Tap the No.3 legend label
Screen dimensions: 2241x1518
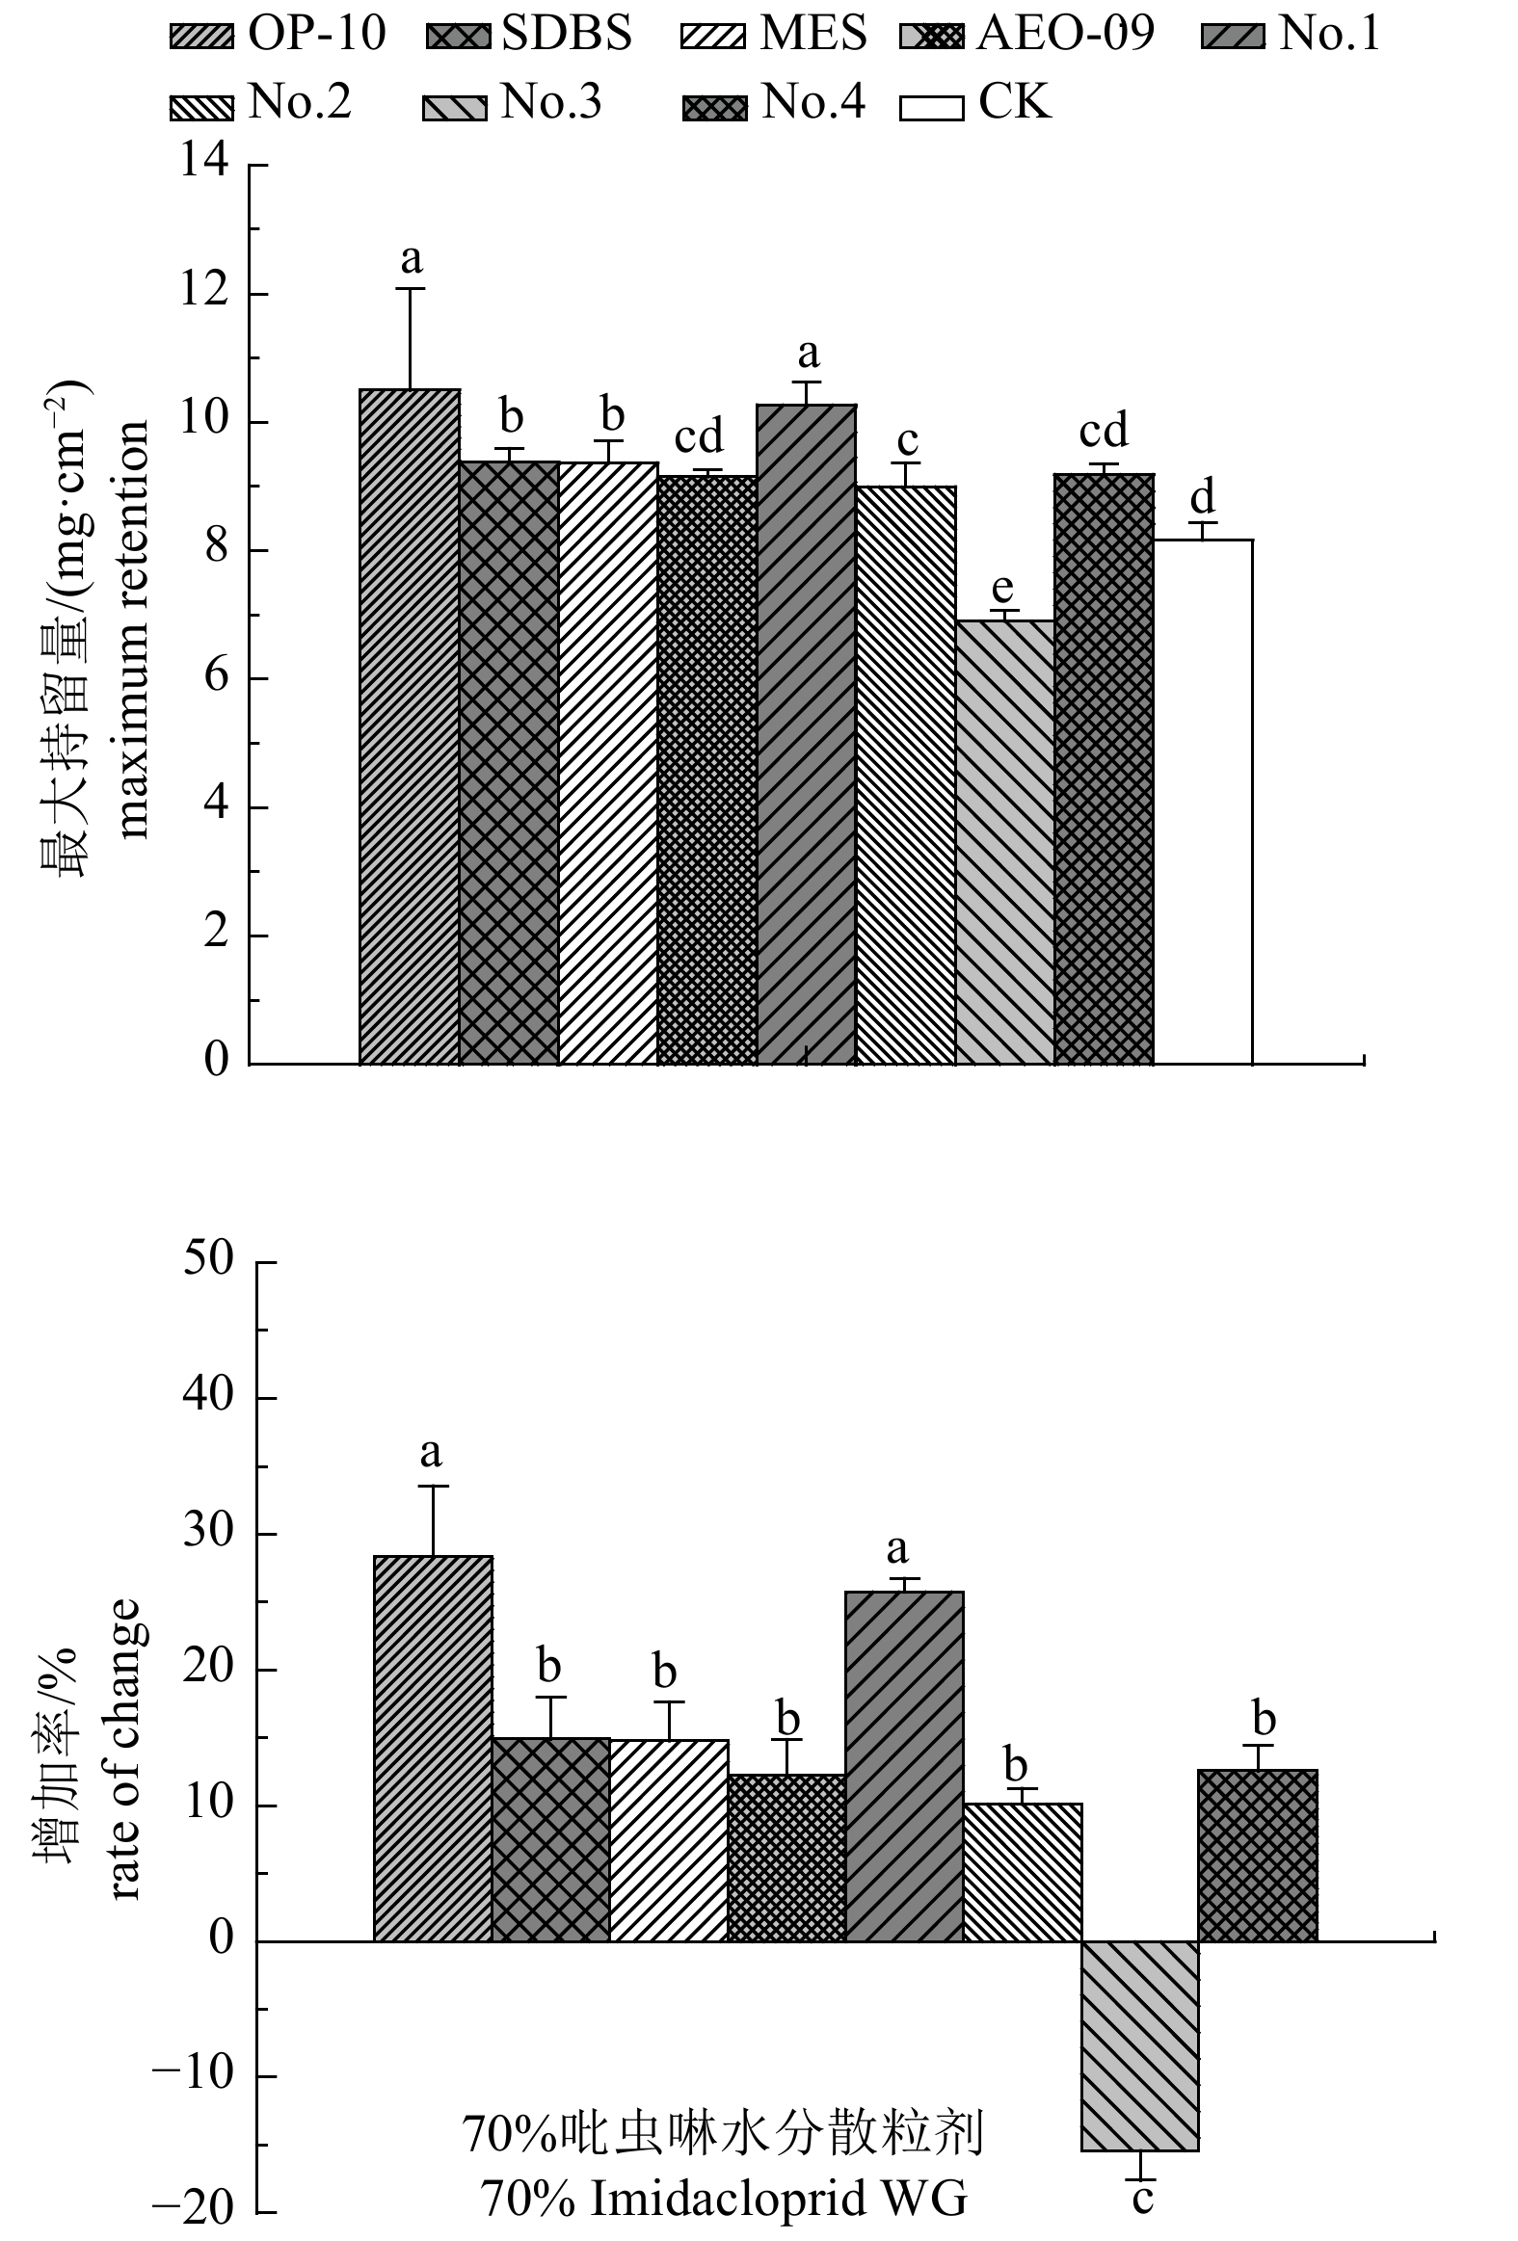pos(550,102)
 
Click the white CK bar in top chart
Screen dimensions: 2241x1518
pos(1203,801)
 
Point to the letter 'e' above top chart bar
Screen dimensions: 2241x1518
pos(1003,587)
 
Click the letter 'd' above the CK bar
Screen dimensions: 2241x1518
pos(1202,497)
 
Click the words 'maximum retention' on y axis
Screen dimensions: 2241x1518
pos(132,629)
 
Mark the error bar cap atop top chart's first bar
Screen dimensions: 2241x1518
pos(410,288)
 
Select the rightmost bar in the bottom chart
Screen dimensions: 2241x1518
pos(1258,1855)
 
